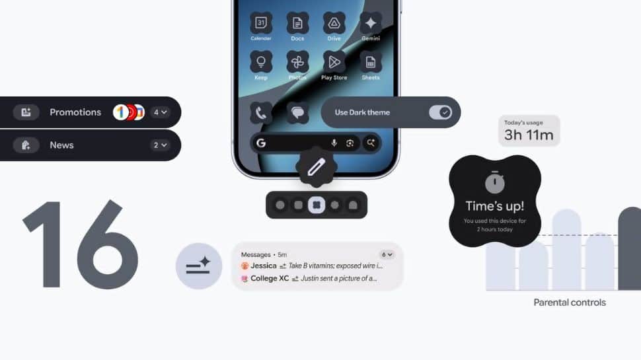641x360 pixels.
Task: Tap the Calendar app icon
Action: (x=261, y=23)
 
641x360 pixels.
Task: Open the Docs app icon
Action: (x=297, y=23)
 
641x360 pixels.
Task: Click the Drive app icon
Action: (x=334, y=23)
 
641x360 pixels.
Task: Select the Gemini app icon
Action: (x=371, y=23)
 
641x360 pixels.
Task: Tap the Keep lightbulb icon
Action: (x=261, y=62)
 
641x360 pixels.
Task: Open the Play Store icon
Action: (x=334, y=62)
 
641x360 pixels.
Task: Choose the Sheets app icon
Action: (x=371, y=62)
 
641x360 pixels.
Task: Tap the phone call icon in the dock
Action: (x=261, y=112)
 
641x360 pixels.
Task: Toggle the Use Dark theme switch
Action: (x=440, y=112)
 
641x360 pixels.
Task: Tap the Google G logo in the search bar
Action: (x=261, y=143)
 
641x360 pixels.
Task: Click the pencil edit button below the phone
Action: (x=317, y=167)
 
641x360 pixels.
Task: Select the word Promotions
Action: (x=75, y=112)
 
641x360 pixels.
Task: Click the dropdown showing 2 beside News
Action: (x=160, y=145)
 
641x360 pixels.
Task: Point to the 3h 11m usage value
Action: (x=529, y=136)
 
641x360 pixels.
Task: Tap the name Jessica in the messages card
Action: (x=264, y=266)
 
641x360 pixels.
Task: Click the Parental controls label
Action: (x=570, y=303)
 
